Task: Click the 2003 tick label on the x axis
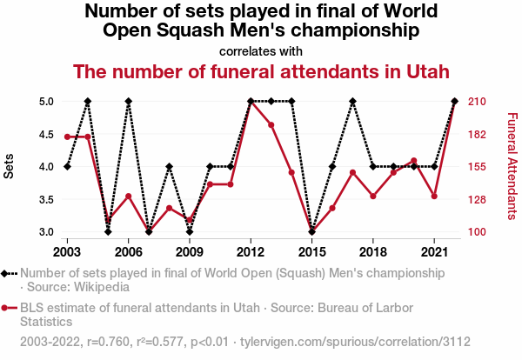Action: [x=67, y=251]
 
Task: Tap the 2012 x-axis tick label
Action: [x=251, y=251]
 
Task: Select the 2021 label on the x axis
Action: [x=434, y=251]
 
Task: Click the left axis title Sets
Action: [x=10, y=166]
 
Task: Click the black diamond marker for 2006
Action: [x=128, y=101]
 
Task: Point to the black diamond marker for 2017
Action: [x=352, y=101]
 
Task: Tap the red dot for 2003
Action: [x=67, y=137]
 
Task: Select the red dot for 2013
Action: [x=271, y=124]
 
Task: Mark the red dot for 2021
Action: [x=434, y=197]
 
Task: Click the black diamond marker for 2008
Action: [x=169, y=166]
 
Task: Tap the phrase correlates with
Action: [x=261, y=50]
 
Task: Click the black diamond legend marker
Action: [x=8, y=273]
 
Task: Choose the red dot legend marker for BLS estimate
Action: [x=8, y=308]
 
